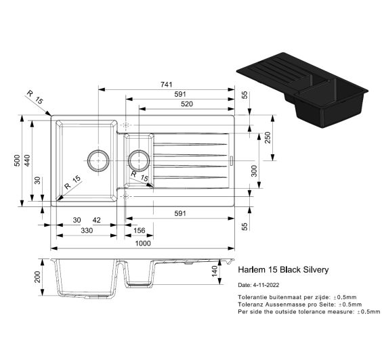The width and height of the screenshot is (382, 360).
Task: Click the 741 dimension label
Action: (x=167, y=85)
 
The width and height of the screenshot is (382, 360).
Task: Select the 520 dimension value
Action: (x=187, y=104)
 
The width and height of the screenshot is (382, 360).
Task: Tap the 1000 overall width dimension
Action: (x=143, y=243)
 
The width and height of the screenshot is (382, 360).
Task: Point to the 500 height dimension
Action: (x=17, y=160)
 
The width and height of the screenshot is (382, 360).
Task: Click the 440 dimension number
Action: (x=27, y=160)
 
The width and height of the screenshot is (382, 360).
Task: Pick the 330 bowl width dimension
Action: (x=87, y=230)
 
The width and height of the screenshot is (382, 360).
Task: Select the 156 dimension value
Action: (x=140, y=230)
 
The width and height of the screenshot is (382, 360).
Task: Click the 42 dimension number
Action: (x=96, y=220)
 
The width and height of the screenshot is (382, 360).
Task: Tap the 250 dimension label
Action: (x=268, y=137)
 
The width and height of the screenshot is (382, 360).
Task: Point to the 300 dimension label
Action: (x=254, y=171)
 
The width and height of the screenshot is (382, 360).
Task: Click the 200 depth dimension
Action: (x=37, y=277)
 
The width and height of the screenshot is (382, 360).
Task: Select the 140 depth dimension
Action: (x=215, y=271)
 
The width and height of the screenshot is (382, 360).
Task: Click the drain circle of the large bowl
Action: (x=98, y=161)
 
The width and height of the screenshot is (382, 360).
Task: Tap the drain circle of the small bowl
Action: (x=139, y=161)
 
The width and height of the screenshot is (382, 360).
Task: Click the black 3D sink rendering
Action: (x=302, y=89)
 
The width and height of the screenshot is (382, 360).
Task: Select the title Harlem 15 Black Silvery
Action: (x=283, y=270)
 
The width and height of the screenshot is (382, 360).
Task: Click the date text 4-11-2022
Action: (x=266, y=285)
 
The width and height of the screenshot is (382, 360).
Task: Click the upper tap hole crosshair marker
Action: (x=126, y=125)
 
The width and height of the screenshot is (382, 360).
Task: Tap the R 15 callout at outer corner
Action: (x=35, y=97)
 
